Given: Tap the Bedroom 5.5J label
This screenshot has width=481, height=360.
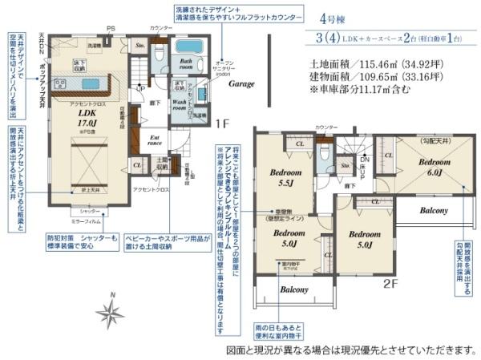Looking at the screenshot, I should click(285, 177).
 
